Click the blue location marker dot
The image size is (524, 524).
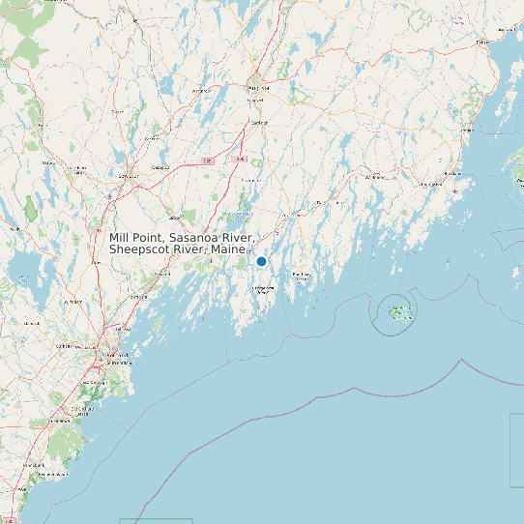261,261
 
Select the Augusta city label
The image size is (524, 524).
258,87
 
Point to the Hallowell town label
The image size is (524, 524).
255,100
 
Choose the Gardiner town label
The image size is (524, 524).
258,123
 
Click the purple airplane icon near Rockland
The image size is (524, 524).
454,190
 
